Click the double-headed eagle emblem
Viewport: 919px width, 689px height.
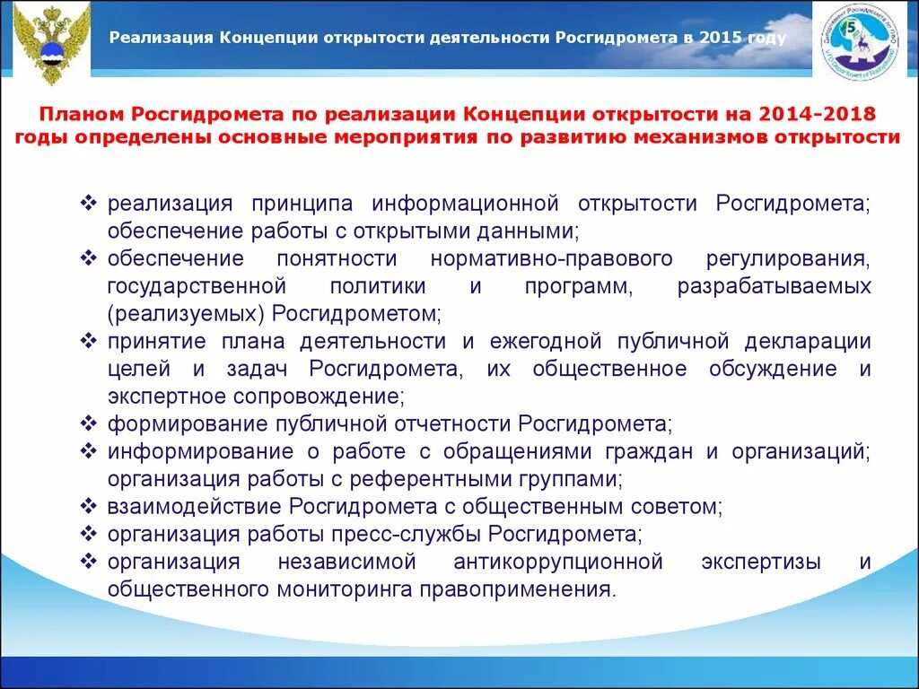(53, 40)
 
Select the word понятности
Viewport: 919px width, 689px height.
(337, 259)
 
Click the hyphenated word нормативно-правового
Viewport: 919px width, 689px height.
(552, 259)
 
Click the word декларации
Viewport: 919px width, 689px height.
(813, 342)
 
